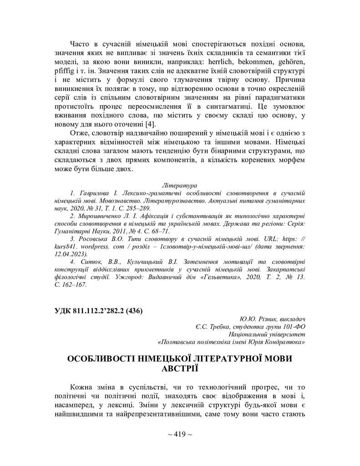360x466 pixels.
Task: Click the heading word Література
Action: (x=179, y=185)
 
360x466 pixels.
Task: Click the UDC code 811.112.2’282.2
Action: (x=99, y=311)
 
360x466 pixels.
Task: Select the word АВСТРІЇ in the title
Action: (x=180, y=368)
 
